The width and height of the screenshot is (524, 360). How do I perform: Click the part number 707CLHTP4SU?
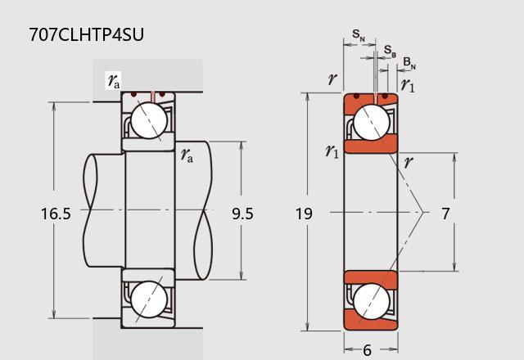point(87,34)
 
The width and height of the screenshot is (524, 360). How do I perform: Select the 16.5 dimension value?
point(56,214)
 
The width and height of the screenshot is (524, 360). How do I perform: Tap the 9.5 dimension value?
point(242,214)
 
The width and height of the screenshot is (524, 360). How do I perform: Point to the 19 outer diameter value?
point(304,214)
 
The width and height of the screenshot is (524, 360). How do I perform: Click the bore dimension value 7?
point(445,214)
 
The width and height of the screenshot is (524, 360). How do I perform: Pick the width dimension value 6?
point(368,350)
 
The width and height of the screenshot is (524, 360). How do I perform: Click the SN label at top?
point(359,34)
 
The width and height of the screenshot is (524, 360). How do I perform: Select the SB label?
point(390,51)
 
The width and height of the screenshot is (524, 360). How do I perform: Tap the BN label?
point(409,63)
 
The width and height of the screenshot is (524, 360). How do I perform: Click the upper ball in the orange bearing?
point(371,122)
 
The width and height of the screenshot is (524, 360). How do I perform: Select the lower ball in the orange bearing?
point(371,301)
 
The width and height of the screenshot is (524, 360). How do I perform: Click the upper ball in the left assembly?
point(149,120)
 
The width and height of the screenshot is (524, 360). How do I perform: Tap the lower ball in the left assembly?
point(149,299)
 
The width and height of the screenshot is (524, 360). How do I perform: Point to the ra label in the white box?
point(114,81)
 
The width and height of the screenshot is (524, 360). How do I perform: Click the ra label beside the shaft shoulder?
point(187,155)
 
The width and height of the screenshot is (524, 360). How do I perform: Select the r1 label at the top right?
point(408,85)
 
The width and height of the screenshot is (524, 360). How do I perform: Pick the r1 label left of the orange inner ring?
point(332,151)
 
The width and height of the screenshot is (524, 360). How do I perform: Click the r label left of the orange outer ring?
point(332,79)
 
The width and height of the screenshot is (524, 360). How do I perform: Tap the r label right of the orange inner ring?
point(409,162)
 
